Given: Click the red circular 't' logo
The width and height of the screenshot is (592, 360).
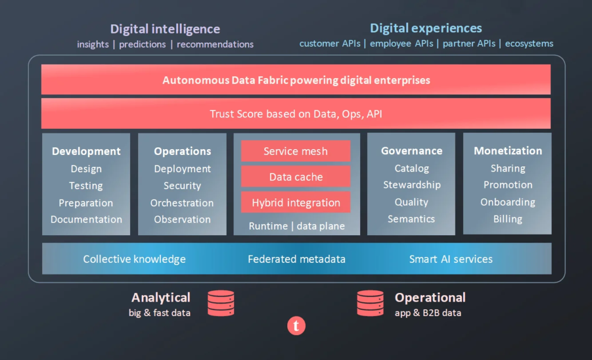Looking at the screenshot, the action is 297,326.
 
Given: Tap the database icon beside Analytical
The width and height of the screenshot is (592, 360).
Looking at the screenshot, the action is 221,303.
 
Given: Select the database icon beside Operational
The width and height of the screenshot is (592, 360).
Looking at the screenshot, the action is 371,303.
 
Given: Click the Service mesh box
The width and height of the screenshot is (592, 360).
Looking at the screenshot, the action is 295,151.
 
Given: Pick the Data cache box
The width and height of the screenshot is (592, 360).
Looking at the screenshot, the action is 295,177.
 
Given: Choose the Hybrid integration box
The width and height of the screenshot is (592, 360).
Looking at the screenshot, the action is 295,202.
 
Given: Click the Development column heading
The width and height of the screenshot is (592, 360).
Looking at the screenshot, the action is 86,151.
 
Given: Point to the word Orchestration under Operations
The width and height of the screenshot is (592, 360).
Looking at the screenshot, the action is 182,203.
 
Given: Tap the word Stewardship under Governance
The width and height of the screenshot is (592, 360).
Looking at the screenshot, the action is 412,185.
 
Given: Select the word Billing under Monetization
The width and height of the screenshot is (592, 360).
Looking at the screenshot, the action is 508,219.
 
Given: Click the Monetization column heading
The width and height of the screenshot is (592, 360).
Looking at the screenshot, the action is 508,151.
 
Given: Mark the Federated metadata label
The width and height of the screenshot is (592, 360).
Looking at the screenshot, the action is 297,259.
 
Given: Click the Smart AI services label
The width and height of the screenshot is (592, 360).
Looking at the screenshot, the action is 451,259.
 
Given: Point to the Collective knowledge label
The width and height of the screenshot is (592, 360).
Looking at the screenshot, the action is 134,259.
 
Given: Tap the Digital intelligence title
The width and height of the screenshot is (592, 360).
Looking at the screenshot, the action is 165,29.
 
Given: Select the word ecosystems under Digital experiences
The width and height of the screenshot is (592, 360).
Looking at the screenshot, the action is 529,44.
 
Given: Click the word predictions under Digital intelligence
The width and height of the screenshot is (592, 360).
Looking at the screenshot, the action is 142,44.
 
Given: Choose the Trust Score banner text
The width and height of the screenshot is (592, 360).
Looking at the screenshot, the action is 296,114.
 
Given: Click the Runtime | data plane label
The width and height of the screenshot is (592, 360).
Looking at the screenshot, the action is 297,226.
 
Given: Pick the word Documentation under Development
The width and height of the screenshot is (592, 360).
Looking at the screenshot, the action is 86,220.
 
